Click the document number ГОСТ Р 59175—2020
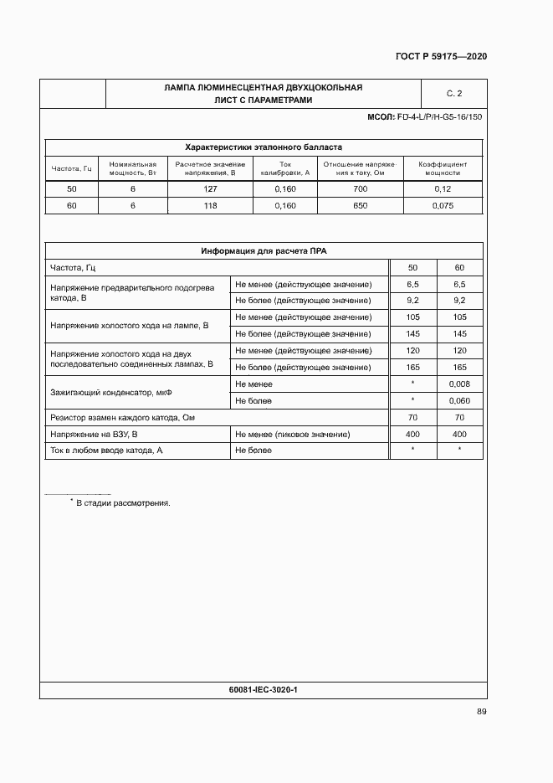coord(441,57)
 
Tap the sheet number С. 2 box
coord(453,93)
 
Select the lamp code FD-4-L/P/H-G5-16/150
coord(440,117)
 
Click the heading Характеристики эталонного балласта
coord(263,147)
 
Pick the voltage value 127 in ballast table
coord(210,189)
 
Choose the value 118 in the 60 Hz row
coord(210,205)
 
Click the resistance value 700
coord(361,189)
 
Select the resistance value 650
coord(361,205)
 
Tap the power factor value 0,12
coord(443,189)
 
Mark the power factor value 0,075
coord(443,205)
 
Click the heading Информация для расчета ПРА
coord(263,251)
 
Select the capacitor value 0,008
coord(459,384)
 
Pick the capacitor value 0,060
coord(459,400)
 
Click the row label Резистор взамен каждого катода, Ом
coord(128,417)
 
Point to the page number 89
coord(481,712)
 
